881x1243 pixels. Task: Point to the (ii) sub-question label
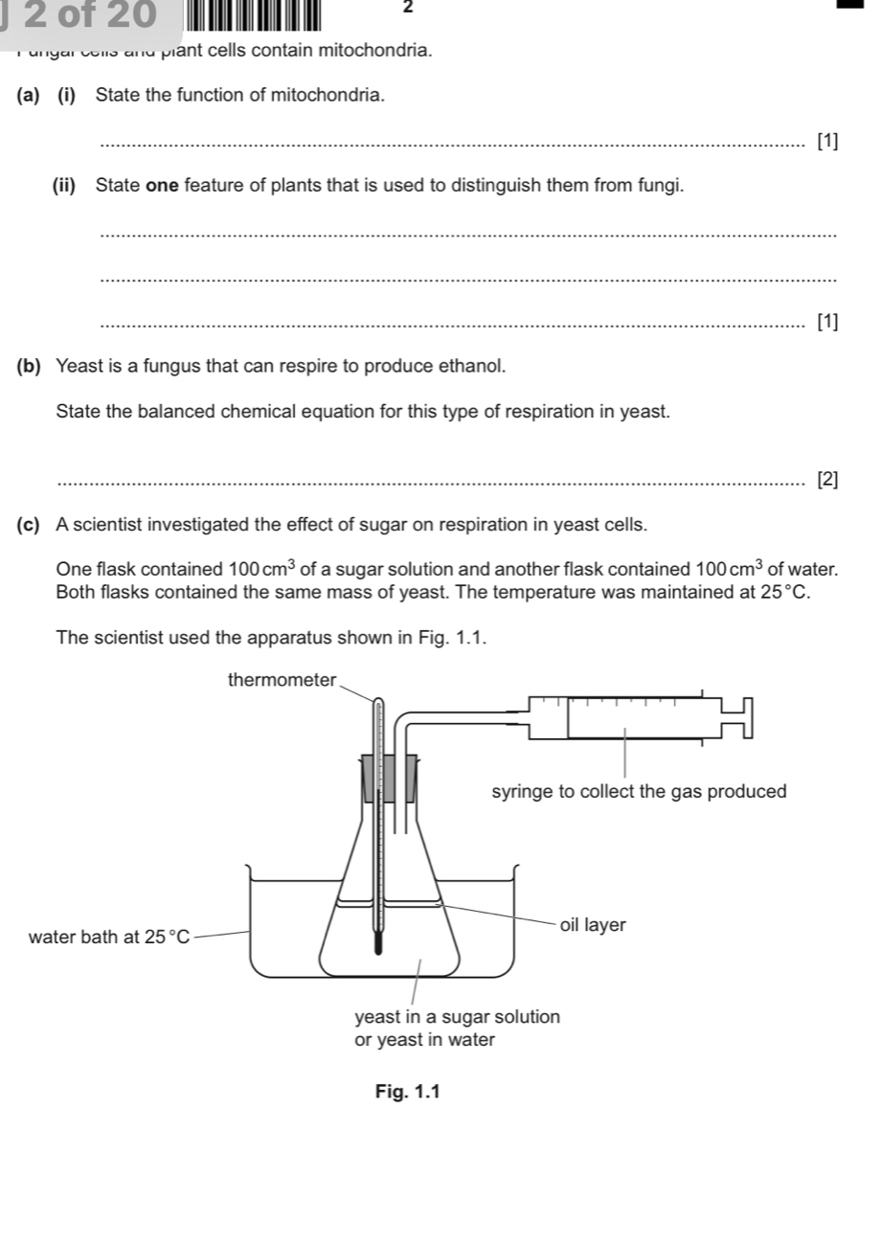point(69,186)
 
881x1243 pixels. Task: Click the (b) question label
point(29,366)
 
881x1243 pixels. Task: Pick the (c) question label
point(29,525)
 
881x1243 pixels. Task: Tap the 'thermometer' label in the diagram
point(282,680)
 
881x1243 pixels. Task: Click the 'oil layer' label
point(593,925)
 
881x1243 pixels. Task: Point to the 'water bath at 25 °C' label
point(110,937)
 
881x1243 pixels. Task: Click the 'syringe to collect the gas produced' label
point(638,792)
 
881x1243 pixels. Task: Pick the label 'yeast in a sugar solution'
point(457,1017)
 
